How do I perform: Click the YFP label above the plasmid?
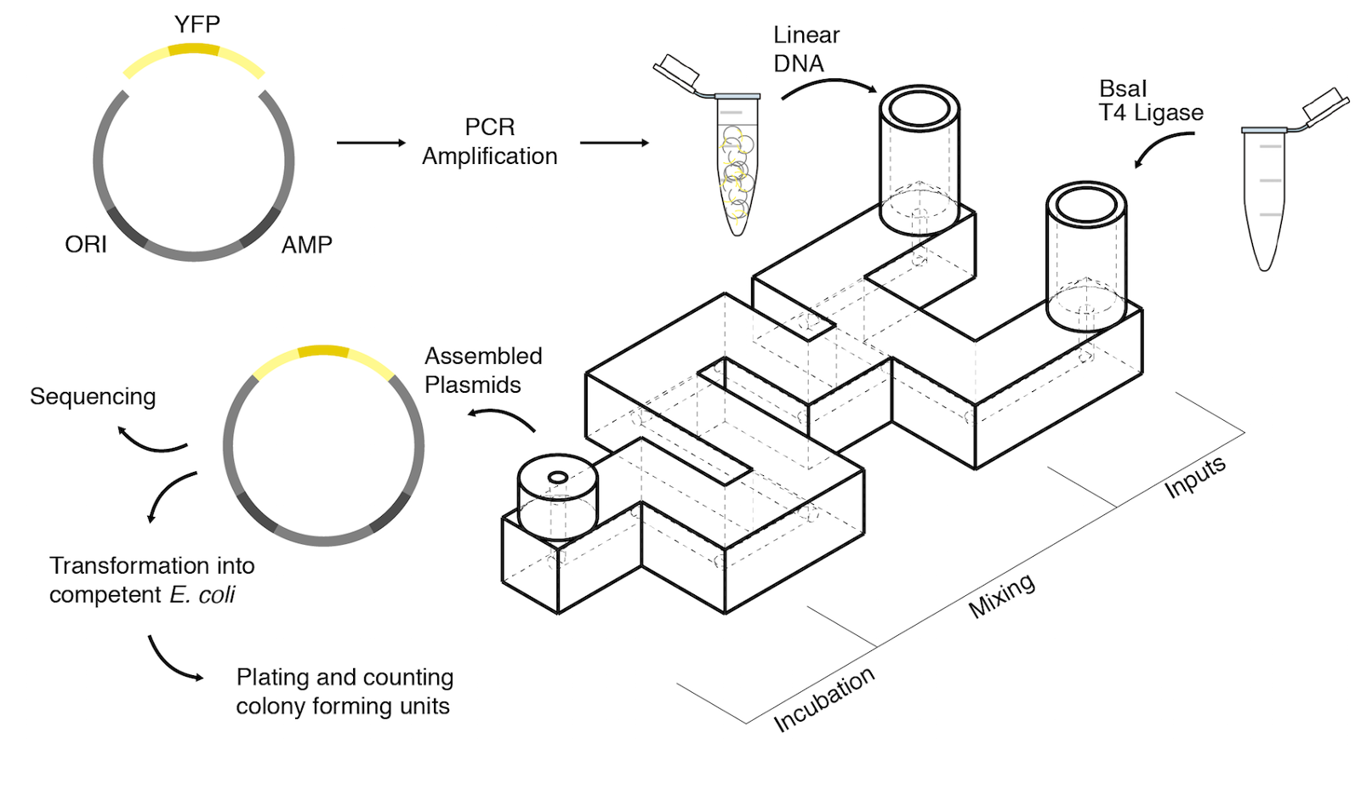(x=196, y=25)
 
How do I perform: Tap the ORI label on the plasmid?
(x=85, y=245)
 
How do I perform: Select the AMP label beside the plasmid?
(x=306, y=245)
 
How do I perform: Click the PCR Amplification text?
(x=489, y=142)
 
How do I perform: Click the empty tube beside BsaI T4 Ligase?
(x=1264, y=196)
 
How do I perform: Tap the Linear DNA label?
(x=804, y=48)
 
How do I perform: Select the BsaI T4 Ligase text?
(x=1150, y=101)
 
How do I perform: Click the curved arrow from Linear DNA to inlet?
(x=829, y=85)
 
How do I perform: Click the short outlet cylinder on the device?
(x=558, y=497)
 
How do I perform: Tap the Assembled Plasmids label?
(x=482, y=370)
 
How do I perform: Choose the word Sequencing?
(x=93, y=397)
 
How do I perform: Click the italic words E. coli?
(x=202, y=595)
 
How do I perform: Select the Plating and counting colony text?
(x=344, y=691)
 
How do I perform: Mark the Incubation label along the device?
(x=823, y=699)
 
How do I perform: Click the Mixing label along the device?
(x=1002, y=595)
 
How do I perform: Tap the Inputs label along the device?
(x=1194, y=477)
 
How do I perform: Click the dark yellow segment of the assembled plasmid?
(x=323, y=351)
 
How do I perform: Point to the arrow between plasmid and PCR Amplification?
(x=371, y=143)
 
